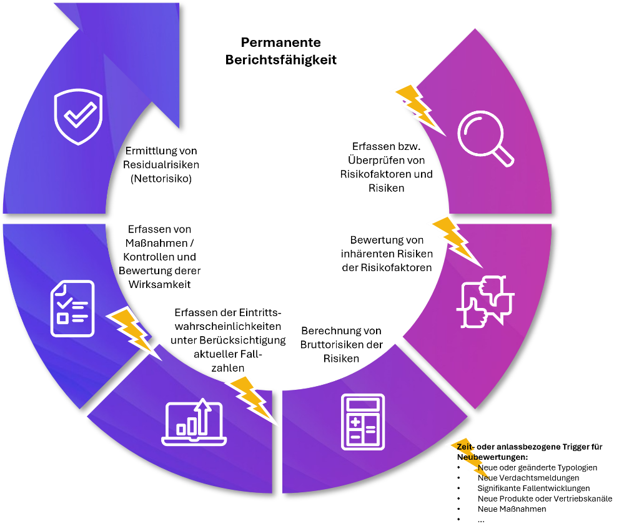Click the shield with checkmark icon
pyautogui.click(x=79, y=117)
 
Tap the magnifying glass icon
pyautogui.click(x=485, y=138)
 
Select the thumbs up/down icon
pyautogui.click(x=485, y=302)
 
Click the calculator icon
pyautogui.click(x=363, y=422)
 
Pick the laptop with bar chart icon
pyautogui.click(x=194, y=422)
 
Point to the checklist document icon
pyautogui.click(x=72, y=309)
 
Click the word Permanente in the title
pyautogui.click(x=281, y=42)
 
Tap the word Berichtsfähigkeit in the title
pyautogui.click(x=281, y=60)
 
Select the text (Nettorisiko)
pyautogui.click(x=161, y=178)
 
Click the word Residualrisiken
pyautogui.click(x=161, y=164)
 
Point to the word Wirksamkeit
pyautogui.click(x=159, y=284)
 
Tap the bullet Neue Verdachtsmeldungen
pyautogui.click(x=528, y=478)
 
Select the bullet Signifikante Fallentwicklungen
pyautogui.click(x=533, y=488)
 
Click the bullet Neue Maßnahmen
pyautogui.click(x=512, y=509)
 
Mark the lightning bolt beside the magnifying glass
pyautogui.click(x=420, y=110)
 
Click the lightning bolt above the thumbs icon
pyautogui.click(x=457, y=242)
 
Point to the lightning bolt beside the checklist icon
pyautogui.click(x=134, y=334)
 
